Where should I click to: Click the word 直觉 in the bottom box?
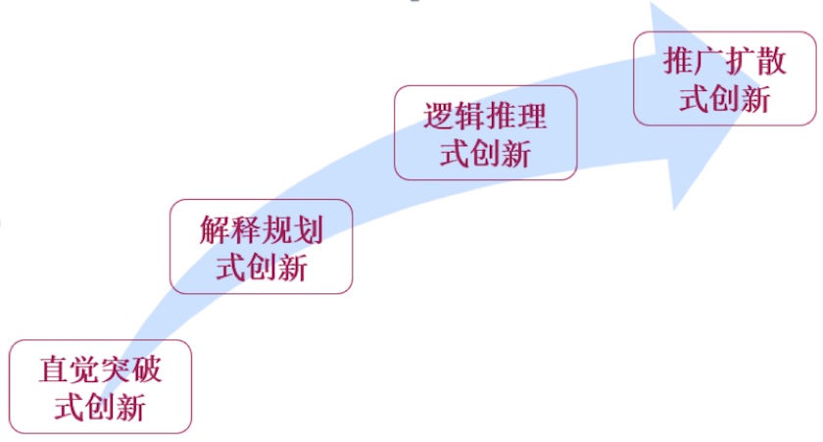point(71,370)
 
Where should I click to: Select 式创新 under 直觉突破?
point(101,407)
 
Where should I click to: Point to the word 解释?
point(230,230)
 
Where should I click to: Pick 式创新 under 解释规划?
point(262,266)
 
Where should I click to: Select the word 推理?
point(516,118)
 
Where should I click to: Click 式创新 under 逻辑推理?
point(485,154)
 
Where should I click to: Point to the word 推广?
point(694,62)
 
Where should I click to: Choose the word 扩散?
point(755,62)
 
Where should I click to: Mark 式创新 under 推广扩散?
point(725,98)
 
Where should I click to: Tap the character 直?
point(55,370)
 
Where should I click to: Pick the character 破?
point(147,370)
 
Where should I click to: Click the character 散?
point(771,62)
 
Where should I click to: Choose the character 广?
point(709,62)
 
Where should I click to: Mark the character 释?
point(246,230)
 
